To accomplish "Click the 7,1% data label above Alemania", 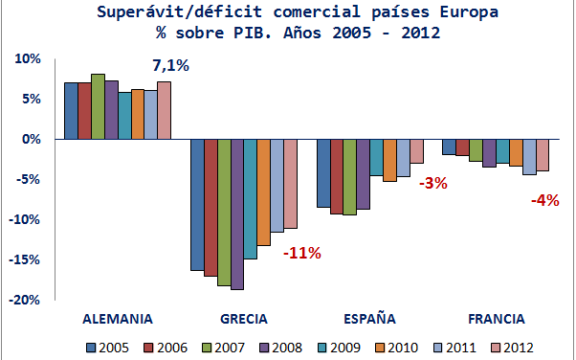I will click(171, 66).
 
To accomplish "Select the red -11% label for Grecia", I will click(300, 253).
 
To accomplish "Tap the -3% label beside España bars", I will click(433, 183).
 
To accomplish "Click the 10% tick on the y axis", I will click(29, 58).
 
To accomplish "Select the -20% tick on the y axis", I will click(26, 300).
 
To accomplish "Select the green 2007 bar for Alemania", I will click(98, 106).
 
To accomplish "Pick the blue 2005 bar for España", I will click(323, 173).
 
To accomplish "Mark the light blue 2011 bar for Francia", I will click(529, 156).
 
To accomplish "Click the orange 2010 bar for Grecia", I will click(264, 191).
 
